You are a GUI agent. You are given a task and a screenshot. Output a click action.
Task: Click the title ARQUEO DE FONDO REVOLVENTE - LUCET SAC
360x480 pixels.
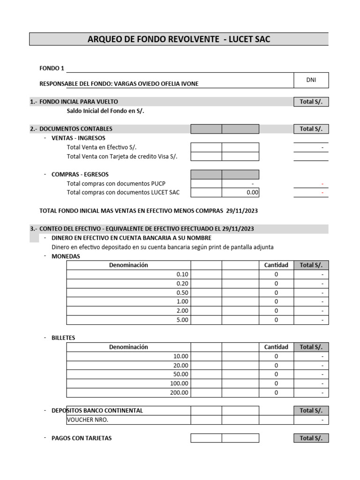179,39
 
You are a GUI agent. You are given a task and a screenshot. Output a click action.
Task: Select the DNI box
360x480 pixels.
311,80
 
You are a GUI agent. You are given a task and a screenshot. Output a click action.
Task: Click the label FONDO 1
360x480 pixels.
52,68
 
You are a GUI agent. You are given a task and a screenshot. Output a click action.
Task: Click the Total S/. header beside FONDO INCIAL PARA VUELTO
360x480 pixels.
311,102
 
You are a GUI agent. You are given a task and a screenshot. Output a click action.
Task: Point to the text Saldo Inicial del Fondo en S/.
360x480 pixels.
105,111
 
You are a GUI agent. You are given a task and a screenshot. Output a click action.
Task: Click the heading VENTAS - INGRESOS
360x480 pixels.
78,138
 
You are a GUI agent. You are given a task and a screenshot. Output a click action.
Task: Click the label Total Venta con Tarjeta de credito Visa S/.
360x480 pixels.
122,157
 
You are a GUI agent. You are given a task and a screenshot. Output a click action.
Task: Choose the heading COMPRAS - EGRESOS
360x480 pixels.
80,174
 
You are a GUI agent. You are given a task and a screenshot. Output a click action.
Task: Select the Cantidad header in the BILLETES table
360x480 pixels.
276,347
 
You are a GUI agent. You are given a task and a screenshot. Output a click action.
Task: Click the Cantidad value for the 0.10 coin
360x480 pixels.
276,274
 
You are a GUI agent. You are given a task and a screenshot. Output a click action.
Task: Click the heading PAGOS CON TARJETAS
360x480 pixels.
82,438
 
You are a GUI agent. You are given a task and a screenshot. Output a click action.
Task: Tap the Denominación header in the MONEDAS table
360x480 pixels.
128,265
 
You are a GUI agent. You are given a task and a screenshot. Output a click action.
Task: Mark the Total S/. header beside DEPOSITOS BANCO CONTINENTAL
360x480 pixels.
311,411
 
